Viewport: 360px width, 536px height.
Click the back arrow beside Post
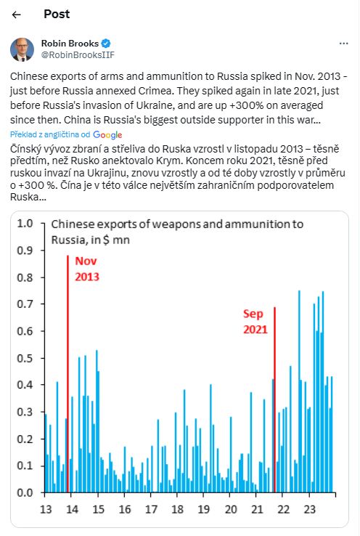click(x=16, y=15)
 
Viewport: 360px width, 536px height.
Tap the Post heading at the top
click(x=57, y=14)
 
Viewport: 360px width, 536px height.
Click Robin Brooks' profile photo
click(x=22, y=49)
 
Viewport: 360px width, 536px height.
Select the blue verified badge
click(x=106, y=44)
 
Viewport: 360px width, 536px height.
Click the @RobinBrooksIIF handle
click(x=78, y=55)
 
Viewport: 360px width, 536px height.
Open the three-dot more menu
click(x=343, y=44)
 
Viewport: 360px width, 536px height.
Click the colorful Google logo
click(x=107, y=135)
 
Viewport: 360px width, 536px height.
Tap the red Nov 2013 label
click(x=87, y=269)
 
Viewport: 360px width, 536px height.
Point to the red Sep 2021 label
click(x=255, y=321)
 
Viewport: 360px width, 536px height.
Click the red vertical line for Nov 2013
click(x=68, y=373)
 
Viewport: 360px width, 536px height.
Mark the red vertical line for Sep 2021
click(x=274, y=399)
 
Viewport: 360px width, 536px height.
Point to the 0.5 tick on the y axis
click(x=43, y=358)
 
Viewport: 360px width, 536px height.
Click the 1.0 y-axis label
click(x=25, y=224)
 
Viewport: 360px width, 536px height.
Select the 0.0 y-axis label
click(x=25, y=492)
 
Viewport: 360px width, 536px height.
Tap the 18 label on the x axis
click(x=177, y=510)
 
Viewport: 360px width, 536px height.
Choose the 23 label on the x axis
click(x=309, y=510)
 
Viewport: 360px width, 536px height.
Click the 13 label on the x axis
click(x=46, y=510)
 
